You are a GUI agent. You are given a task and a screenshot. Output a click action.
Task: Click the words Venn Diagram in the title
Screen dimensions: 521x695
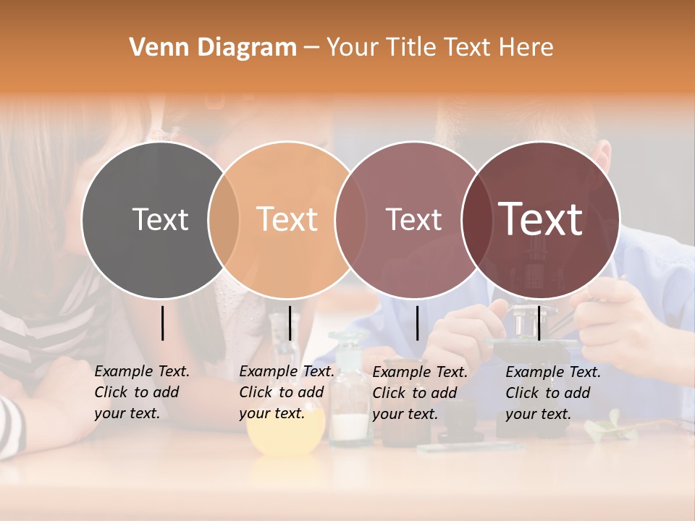213,48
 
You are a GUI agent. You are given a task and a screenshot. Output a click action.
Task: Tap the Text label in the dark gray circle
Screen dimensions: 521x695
160,219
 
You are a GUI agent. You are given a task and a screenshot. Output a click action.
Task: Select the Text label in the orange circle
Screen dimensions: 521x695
287,219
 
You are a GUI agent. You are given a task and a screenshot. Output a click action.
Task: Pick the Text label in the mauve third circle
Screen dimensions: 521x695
413,219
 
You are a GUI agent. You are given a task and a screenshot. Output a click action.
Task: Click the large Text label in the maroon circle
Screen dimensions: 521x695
541,219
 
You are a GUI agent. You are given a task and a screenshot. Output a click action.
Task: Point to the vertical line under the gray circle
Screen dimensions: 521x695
162,323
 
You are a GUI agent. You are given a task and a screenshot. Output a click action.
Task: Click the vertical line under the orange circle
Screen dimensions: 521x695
290,323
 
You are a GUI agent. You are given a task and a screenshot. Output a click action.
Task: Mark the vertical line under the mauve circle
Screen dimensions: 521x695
417,323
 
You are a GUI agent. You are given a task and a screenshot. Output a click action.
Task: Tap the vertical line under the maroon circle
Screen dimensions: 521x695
539,323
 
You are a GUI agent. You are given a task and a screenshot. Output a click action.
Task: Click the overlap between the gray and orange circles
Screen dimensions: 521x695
224,219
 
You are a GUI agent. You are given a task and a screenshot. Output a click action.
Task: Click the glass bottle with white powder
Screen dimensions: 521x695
350,420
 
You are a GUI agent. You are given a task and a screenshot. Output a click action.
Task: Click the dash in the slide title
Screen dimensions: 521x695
311,48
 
